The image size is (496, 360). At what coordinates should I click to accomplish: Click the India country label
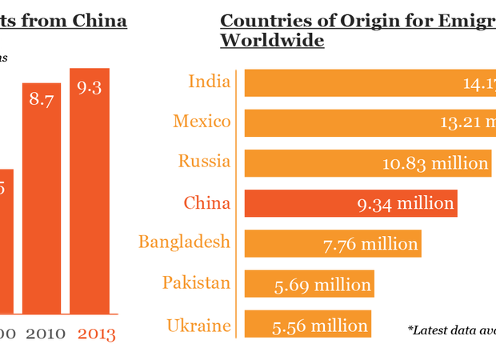coord(209,82)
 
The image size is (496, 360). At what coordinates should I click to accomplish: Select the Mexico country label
coord(202,122)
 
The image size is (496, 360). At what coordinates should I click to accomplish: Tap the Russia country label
coord(205,162)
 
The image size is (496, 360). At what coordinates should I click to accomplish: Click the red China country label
coord(206,203)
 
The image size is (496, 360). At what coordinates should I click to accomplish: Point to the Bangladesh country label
coord(184,242)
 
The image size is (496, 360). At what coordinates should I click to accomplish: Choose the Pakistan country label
coord(196,282)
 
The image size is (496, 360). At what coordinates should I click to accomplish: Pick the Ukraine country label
coord(198,325)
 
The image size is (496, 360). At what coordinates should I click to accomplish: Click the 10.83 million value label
coord(435,163)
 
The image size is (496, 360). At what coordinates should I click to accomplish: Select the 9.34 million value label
coord(406,204)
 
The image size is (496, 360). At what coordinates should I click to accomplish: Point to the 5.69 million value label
coord(321,285)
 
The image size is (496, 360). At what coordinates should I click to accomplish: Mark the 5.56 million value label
coord(320,326)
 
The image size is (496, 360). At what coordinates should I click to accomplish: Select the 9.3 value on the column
coord(89,88)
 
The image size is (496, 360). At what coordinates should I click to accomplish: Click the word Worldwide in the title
coord(272,40)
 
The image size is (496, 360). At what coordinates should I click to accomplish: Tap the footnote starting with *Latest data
coord(451,329)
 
